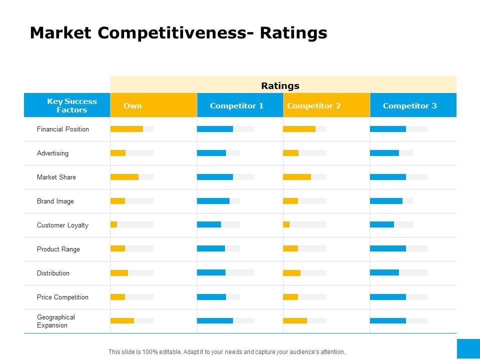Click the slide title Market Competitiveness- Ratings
[x=178, y=33]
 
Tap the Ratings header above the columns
[x=280, y=85]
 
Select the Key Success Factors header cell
[x=72, y=105]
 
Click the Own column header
[x=132, y=105]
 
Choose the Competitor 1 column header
[x=236, y=105]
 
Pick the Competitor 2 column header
[x=314, y=105]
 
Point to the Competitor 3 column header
[x=409, y=105]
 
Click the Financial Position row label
[x=63, y=129]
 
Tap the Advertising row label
[x=52, y=153]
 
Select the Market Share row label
[x=56, y=177]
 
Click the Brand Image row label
[x=55, y=201]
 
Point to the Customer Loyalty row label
[x=62, y=225]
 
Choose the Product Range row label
[x=58, y=249]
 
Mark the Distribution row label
[x=53, y=273]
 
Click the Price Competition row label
[x=62, y=297]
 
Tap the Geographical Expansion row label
[x=56, y=321]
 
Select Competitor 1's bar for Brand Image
[x=213, y=201]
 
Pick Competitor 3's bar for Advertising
[x=385, y=153]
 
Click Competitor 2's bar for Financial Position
[x=299, y=129]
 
